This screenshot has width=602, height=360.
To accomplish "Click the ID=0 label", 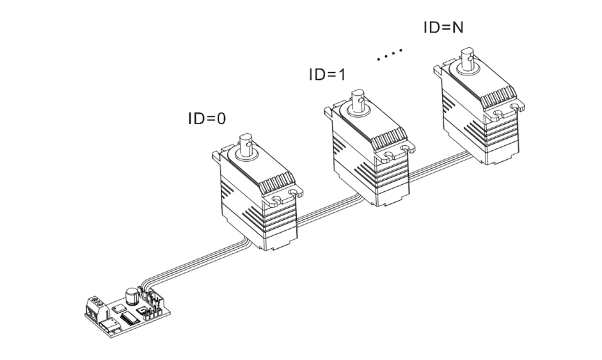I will click(x=206, y=118).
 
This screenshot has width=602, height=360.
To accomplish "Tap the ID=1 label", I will click(x=326, y=74).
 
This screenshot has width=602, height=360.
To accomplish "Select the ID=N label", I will click(x=444, y=27).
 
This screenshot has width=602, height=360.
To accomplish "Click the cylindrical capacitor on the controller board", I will click(x=132, y=295).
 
